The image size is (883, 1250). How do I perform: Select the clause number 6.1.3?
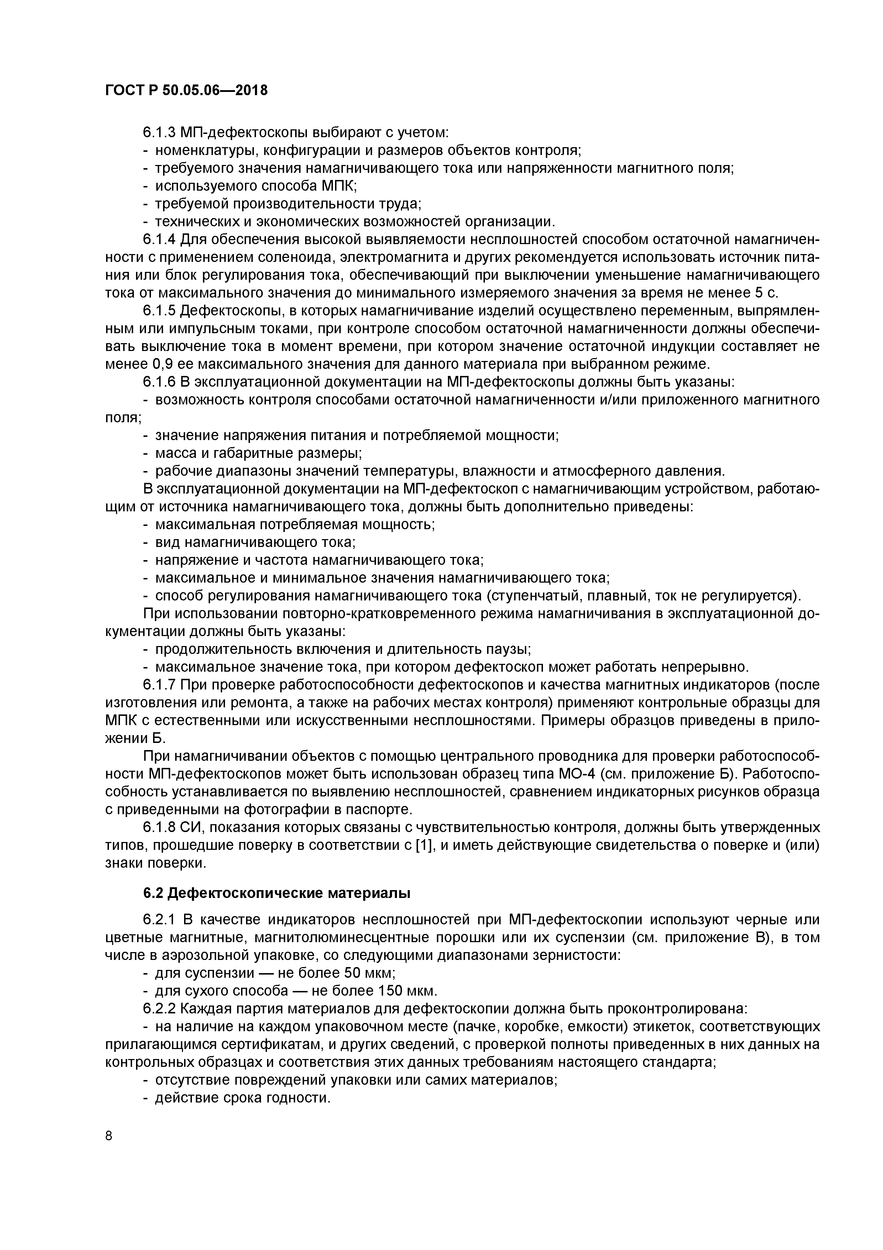click(x=160, y=132)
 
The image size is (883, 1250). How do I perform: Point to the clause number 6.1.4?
click(x=160, y=239)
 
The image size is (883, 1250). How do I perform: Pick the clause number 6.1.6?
click(x=160, y=382)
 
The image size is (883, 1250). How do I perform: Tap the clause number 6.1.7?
click(x=160, y=685)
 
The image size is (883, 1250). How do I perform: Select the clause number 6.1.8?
click(x=160, y=827)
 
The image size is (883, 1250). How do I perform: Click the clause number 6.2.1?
click(x=160, y=920)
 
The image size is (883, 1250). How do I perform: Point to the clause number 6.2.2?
click(x=160, y=1009)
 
